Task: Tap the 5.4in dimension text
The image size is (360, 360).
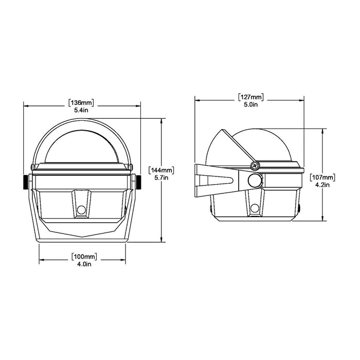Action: click(82, 110)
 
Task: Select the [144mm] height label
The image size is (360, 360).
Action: click(161, 169)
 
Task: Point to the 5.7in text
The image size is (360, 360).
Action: click(161, 177)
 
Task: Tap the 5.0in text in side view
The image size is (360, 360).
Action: click(251, 105)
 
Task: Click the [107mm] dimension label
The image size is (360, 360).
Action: click(323, 178)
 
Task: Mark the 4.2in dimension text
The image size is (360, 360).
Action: click(323, 186)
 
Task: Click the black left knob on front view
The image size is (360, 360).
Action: click(25, 182)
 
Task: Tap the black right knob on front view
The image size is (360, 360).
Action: click(139, 182)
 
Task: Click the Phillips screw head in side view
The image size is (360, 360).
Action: click(254, 166)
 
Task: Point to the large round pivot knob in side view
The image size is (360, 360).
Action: click(254, 181)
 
